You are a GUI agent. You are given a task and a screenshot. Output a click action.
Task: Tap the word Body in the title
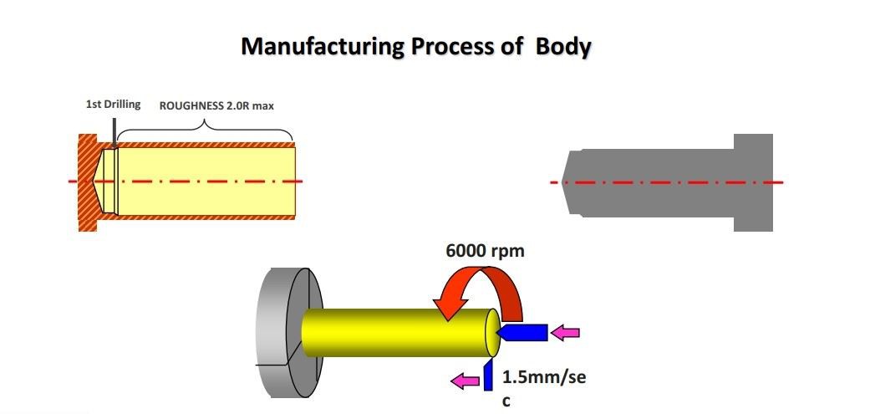563,47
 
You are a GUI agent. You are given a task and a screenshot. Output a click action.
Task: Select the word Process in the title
450,47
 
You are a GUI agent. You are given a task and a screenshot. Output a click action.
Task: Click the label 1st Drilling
113,105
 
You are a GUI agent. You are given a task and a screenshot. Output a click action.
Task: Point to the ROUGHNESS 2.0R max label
216,105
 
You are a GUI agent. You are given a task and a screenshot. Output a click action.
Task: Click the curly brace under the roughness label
205,128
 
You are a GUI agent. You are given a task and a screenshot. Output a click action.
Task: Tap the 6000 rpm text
486,250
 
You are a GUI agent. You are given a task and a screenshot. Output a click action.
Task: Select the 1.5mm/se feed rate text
544,377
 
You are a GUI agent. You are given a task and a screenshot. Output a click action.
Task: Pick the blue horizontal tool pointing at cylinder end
522,333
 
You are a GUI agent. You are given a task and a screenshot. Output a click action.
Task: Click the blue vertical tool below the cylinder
488,376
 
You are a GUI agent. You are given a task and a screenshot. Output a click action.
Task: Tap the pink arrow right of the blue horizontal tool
567,333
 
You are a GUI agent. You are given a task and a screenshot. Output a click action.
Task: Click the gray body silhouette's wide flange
753,181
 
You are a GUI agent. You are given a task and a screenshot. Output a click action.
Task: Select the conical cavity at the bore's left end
107,181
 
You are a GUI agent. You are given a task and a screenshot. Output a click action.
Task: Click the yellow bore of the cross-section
209,181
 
